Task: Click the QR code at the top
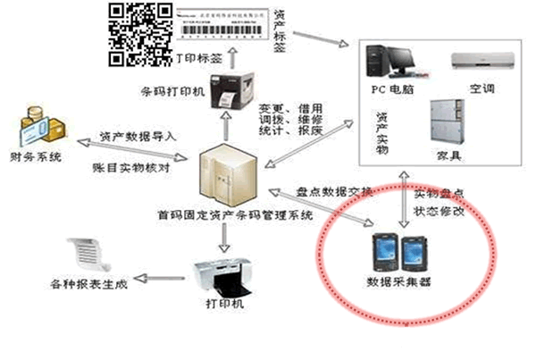pos(140,33)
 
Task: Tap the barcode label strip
pos(224,25)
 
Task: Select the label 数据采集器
pos(398,283)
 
